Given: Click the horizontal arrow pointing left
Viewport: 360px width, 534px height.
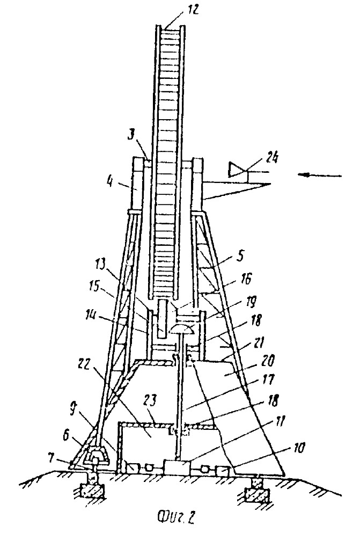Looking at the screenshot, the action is click(319, 175).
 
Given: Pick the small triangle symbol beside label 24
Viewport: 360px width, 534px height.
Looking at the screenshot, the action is click(238, 170).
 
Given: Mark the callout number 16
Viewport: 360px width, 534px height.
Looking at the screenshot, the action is click(255, 279).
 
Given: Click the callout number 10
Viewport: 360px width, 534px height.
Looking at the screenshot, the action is click(298, 448).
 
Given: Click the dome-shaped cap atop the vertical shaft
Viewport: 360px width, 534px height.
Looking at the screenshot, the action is click(183, 329).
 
